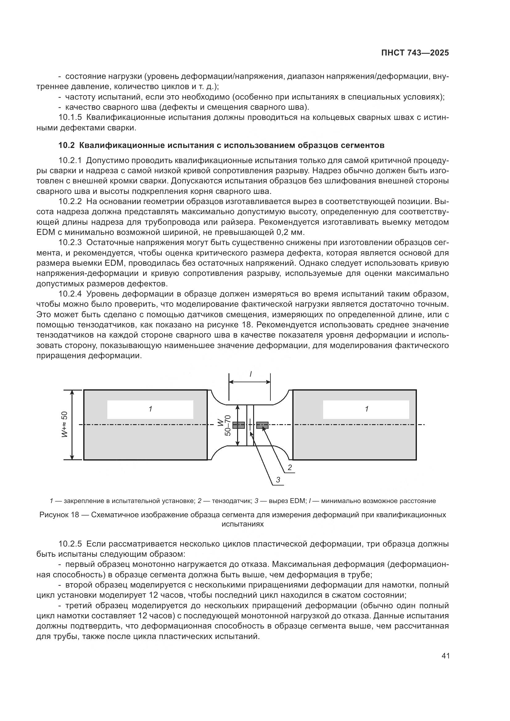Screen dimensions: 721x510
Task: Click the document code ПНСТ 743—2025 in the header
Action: click(x=415, y=53)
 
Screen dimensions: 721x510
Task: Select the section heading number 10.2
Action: click(x=67, y=145)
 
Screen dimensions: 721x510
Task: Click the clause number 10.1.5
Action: click(x=70, y=117)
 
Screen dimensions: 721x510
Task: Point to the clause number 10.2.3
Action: click(x=70, y=242)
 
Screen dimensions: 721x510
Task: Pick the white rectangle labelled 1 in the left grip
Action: click(x=150, y=409)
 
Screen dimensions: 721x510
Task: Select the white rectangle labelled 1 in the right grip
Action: click(x=366, y=409)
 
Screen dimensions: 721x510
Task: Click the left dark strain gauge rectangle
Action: click(x=238, y=425)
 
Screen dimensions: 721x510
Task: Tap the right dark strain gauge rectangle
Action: click(x=262, y=425)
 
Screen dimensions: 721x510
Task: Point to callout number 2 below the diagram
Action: click(x=290, y=468)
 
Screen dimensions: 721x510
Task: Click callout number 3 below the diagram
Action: click(x=278, y=480)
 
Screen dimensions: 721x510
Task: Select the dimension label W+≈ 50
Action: click(x=64, y=425)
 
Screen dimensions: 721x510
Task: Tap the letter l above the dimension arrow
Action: click(x=250, y=374)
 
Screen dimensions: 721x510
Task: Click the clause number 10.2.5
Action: click(x=70, y=544)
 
